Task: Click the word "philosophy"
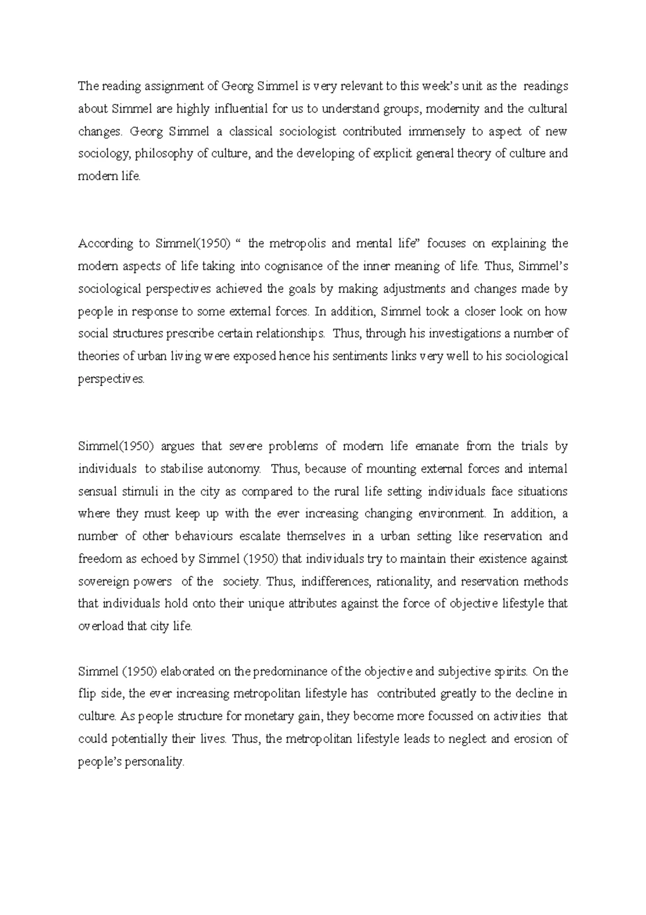click(x=160, y=154)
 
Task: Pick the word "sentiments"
click(x=363, y=356)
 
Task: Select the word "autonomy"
click(x=234, y=469)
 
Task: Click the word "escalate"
click(x=261, y=537)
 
